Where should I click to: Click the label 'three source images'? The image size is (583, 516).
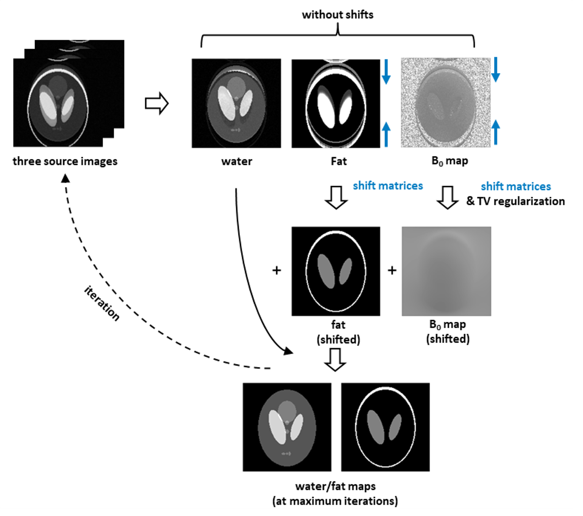[x=65, y=161]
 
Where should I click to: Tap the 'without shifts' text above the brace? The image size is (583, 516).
[x=338, y=15]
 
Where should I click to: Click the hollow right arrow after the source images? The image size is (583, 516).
[x=157, y=103]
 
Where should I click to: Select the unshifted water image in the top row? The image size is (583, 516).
[x=236, y=103]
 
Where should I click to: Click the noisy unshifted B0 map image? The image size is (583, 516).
[x=445, y=103]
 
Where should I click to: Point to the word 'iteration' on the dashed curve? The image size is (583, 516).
[x=102, y=303]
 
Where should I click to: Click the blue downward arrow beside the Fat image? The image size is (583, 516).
[x=386, y=72]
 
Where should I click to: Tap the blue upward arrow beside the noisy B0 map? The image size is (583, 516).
[x=496, y=131]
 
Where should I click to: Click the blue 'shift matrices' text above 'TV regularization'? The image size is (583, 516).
[x=516, y=187]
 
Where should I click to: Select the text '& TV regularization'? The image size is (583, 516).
[x=515, y=201]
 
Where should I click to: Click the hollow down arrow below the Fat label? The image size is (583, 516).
[x=336, y=197]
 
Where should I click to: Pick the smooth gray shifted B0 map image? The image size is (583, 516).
[x=446, y=271]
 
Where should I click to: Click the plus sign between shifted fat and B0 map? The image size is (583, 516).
[x=392, y=270]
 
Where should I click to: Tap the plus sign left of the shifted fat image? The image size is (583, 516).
[x=276, y=270]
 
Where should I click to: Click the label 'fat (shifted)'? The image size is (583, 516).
[x=338, y=332]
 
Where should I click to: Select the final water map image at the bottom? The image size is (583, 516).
[x=287, y=427]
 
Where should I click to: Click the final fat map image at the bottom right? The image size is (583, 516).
[x=385, y=427]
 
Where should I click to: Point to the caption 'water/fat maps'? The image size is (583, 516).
[x=335, y=486]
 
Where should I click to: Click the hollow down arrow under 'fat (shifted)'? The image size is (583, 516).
[x=335, y=359]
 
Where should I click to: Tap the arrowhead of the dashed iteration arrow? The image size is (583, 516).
[x=65, y=178]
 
